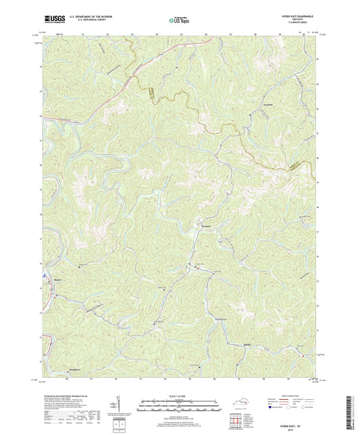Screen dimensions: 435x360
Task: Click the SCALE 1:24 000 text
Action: click(x=179, y=395)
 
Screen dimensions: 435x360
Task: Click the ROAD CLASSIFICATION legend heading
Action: click(x=291, y=396)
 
